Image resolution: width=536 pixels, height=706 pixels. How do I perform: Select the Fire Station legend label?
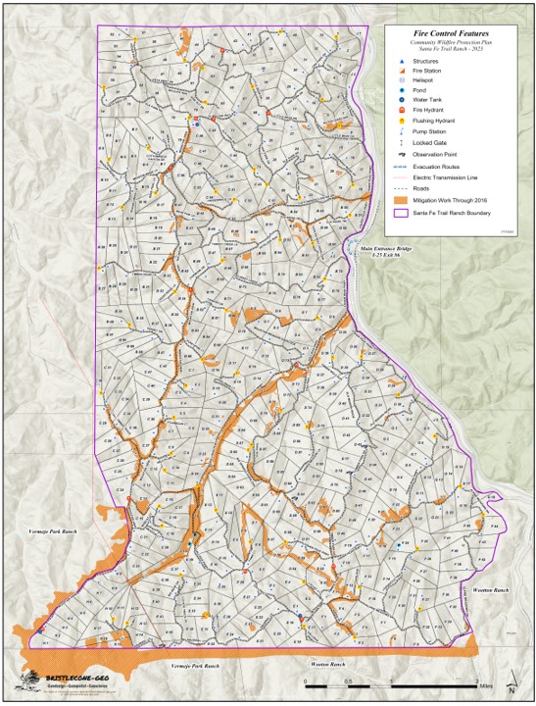[428, 72]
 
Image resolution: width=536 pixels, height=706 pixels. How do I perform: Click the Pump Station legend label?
[430, 132]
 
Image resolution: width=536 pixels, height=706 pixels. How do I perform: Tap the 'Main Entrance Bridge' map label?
[387, 247]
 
